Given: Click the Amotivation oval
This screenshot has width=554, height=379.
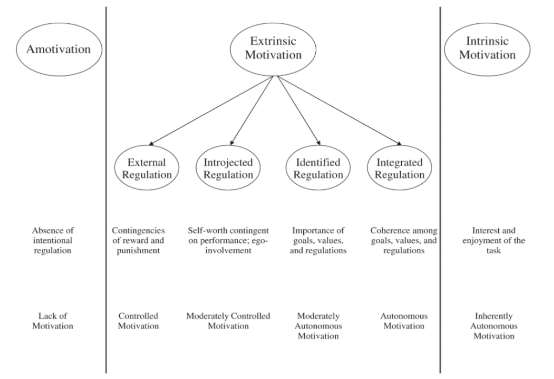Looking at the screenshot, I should [53, 49].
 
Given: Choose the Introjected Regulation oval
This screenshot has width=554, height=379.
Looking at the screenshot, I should [228, 169].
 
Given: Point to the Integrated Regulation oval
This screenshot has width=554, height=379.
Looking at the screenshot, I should [400, 169].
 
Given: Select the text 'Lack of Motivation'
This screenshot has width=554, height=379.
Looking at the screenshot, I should [53, 320].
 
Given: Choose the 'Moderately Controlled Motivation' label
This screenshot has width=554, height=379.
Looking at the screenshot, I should [228, 320].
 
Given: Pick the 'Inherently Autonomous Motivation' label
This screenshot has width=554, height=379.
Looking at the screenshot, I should [494, 325].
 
